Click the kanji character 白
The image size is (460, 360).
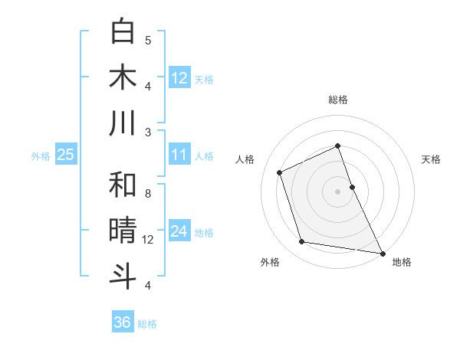(x=123, y=31)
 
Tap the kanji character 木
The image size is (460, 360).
(x=123, y=77)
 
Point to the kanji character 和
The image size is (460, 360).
(x=123, y=185)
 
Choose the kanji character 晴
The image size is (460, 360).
(x=123, y=231)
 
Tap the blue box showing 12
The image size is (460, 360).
(x=179, y=78)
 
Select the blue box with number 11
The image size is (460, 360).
(x=179, y=155)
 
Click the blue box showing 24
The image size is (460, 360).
(x=179, y=231)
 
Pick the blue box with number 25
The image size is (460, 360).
(x=66, y=155)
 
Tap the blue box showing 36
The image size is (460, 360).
(x=123, y=322)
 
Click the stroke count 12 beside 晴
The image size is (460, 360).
(x=148, y=240)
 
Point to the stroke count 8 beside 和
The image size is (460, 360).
(x=148, y=194)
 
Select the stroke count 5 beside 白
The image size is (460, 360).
(x=148, y=41)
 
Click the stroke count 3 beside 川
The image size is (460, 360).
(x=148, y=132)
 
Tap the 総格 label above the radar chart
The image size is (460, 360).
(x=337, y=100)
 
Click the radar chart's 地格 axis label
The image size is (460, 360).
(x=402, y=262)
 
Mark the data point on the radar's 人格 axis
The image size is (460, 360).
(x=280, y=172)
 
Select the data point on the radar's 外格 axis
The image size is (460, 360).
(x=302, y=242)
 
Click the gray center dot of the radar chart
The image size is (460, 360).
(x=337, y=191)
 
